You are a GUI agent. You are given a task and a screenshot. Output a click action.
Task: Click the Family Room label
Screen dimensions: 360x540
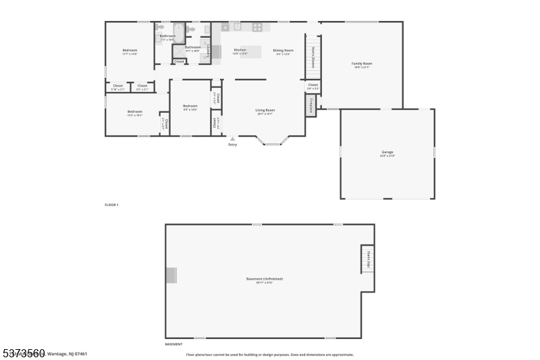coord(362,63)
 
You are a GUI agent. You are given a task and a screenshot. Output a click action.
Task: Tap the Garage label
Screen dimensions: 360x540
coord(387,153)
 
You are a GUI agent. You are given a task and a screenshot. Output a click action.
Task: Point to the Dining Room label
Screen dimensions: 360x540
coord(283,50)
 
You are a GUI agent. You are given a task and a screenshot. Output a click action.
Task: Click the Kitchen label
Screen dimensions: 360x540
coord(240,50)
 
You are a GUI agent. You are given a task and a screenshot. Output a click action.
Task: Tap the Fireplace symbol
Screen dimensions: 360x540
coord(311,105)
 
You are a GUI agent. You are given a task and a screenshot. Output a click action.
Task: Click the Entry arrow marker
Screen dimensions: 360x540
coord(233,139)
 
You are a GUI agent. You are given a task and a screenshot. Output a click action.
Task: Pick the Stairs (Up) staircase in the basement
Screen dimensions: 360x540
coord(368,259)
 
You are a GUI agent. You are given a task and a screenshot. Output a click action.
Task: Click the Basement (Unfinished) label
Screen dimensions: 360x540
coord(265,279)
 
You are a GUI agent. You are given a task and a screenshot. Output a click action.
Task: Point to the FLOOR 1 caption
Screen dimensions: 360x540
coord(111,205)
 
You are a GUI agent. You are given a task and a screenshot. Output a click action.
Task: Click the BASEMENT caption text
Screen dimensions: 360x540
coord(174,344)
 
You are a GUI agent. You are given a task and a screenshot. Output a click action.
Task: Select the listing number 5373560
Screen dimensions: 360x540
coord(24,353)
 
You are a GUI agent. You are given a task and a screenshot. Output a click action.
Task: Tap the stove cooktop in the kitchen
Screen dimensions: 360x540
coord(257,27)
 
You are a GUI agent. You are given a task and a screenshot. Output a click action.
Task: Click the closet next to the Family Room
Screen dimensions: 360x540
coord(313,86)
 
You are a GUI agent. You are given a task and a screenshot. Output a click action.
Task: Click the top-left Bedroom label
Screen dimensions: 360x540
coord(130,51)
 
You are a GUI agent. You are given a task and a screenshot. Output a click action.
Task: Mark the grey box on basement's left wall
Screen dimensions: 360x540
coord(171,275)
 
